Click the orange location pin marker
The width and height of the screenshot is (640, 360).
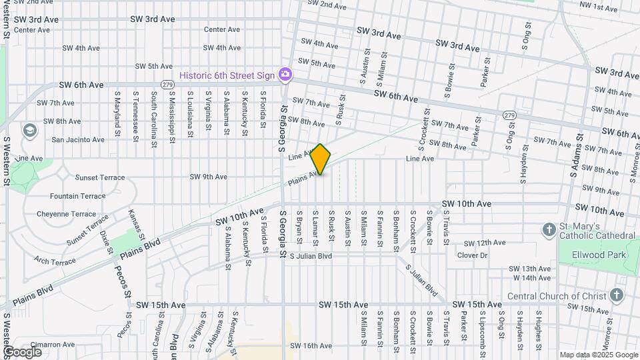(x=321, y=159)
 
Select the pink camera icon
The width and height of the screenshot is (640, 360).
(x=285, y=73)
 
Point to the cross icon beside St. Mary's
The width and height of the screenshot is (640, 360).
(x=549, y=231)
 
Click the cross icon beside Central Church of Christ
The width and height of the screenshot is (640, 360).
(x=617, y=295)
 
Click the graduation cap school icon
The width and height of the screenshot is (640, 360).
(x=29, y=130)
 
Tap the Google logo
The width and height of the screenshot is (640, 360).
(x=22, y=351)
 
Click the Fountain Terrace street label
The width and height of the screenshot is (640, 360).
(x=77, y=196)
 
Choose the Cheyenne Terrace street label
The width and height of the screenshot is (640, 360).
(x=75, y=214)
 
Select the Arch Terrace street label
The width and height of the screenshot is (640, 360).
(x=55, y=262)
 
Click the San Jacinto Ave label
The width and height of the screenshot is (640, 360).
(x=78, y=140)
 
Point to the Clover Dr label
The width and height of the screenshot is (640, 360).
(x=472, y=255)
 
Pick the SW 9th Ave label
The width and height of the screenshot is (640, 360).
(x=208, y=177)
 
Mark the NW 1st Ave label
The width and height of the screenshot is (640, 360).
(x=599, y=7)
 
